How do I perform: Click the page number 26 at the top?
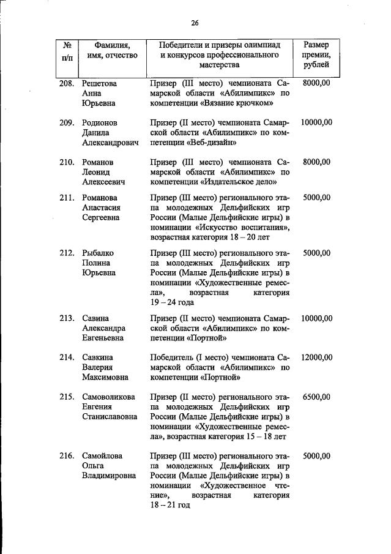click(195, 23)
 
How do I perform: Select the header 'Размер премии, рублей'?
click(316, 54)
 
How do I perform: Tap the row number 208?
click(66, 83)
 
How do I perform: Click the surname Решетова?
click(99, 83)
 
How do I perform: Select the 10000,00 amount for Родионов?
click(316, 122)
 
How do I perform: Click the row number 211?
click(66, 198)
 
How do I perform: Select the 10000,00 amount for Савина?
click(316, 318)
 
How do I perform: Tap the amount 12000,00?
click(316, 357)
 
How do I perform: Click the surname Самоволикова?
click(109, 397)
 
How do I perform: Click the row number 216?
click(66, 456)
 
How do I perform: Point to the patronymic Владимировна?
click(109, 476)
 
